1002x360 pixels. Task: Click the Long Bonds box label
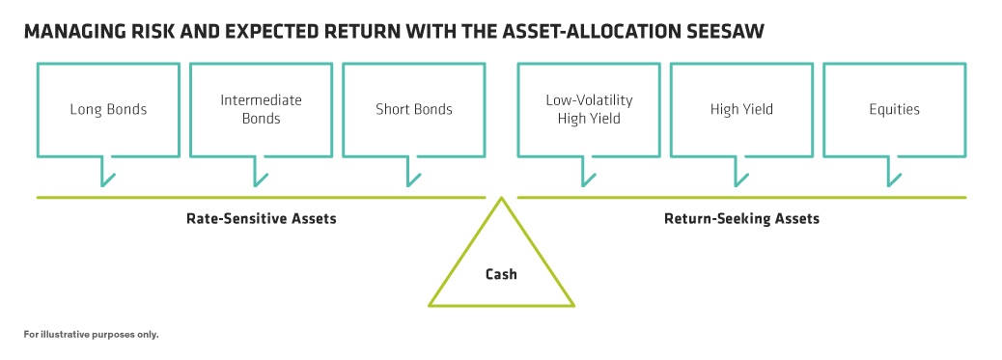pyautogui.click(x=109, y=110)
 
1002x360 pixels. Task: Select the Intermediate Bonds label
pyautogui.click(x=261, y=109)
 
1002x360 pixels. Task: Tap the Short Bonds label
pyautogui.click(x=414, y=109)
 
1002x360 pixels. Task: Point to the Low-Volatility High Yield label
pyautogui.click(x=589, y=109)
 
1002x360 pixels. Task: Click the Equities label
pyautogui.click(x=894, y=110)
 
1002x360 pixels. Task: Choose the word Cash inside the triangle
pyautogui.click(x=501, y=274)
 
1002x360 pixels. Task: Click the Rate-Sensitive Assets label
pyautogui.click(x=262, y=219)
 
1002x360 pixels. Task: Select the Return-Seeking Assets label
pyautogui.click(x=742, y=219)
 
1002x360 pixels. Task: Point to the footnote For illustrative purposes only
pyautogui.click(x=92, y=334)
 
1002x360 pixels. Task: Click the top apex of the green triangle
pyautogui.click(x=502, y=197)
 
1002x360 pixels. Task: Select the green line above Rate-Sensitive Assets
pyautogui.click(x=261, y=198)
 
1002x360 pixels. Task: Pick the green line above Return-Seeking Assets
pyautogui.click(x=741, y=198)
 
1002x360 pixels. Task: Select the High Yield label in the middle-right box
pyautogui.click(x=741, y=109)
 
